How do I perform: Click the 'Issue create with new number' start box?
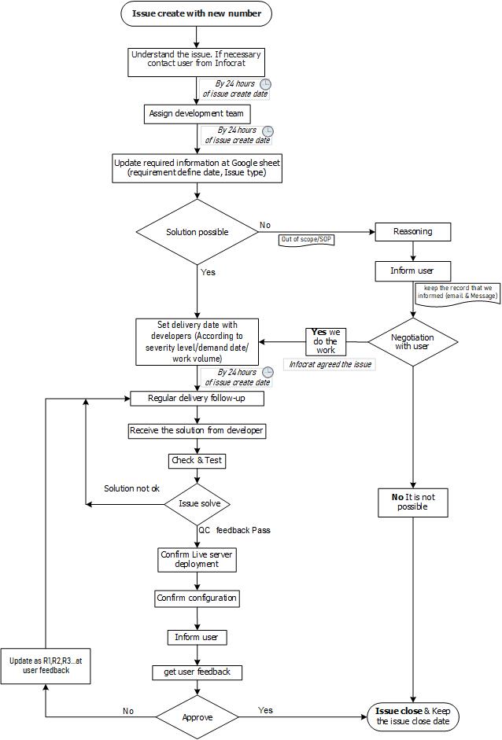pyautogui.click(x=197, y=13)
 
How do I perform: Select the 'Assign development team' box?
pyautogui.click(x=197, y=114)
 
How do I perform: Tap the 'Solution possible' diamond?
pyautogui.click(x=197, y=232)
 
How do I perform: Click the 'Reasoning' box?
pyautogui.click(x=413, y=232)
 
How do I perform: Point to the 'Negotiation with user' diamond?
pyautogui.click(x=413, y=341)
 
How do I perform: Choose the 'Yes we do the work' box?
pyautogui.click(x=326, y=341)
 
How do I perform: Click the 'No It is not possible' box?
pyautogui.click(x=413, y=503)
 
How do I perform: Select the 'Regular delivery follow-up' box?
pyautogui.click(x=197, y=399)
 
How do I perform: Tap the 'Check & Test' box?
pyautogui.click(x=197, y=461)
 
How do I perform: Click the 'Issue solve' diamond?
pyautogui.click(x=197, y=504)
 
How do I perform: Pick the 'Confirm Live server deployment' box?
pyautogui.click(x=197, y=560)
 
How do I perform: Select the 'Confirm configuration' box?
pyautogui.click(x=197, y=598)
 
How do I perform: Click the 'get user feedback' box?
pyautogui.click(x=197, y=672)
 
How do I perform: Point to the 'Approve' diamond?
pyautogui.click(x=197, y=717)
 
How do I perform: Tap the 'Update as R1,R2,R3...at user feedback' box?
pyautogui.click(x=46, y=665)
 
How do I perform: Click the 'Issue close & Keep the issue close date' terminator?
pyautogui.click(x=413, y=716)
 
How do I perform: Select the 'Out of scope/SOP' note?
pyautogui.click(x=307, y=240)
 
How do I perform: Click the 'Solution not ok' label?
pyautogui.click(x=131, y=488)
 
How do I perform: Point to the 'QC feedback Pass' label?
pyautogui.click(x=234, y=531)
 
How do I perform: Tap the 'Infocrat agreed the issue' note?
pyautogui.click(x=330, y=364)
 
